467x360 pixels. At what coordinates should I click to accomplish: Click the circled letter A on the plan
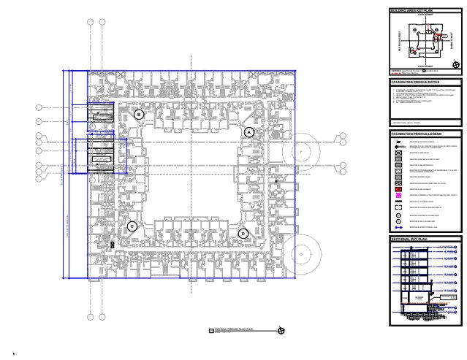tap(248, 131)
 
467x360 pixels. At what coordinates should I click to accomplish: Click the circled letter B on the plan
tap(139, 115)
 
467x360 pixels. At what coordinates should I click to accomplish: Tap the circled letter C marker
tap(132, 226)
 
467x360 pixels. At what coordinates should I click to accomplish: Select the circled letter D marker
tap(243, 233)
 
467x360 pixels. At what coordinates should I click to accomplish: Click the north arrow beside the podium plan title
tap(282, 332)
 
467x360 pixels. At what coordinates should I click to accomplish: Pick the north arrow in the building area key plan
tap(455, 65)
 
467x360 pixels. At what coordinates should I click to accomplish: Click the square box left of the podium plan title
tap(210, 332)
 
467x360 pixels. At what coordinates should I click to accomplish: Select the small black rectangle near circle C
tap(112, 244)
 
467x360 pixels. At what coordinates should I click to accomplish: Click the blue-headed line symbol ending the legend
tap(398, 228)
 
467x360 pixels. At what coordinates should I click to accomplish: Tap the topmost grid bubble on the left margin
tap(39, 108)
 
